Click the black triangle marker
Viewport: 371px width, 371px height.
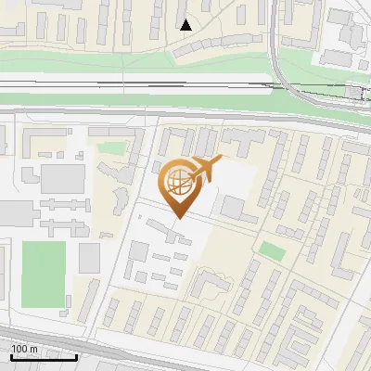point(186,25)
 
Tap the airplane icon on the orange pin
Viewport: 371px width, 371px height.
point(205,168)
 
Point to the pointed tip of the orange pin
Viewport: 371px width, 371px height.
point(176,218)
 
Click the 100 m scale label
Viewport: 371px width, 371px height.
point(25,349)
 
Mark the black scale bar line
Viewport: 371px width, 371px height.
point(44,356)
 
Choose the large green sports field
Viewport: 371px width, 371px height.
point(43,275)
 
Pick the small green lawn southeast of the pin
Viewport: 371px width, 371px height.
point(271,250)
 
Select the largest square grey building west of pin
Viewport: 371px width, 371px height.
point(62,178)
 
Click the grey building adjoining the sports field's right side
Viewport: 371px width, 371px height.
point(88,258)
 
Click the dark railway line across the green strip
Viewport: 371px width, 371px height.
point(139,83)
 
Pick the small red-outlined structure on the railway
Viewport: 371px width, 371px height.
point(357,92)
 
